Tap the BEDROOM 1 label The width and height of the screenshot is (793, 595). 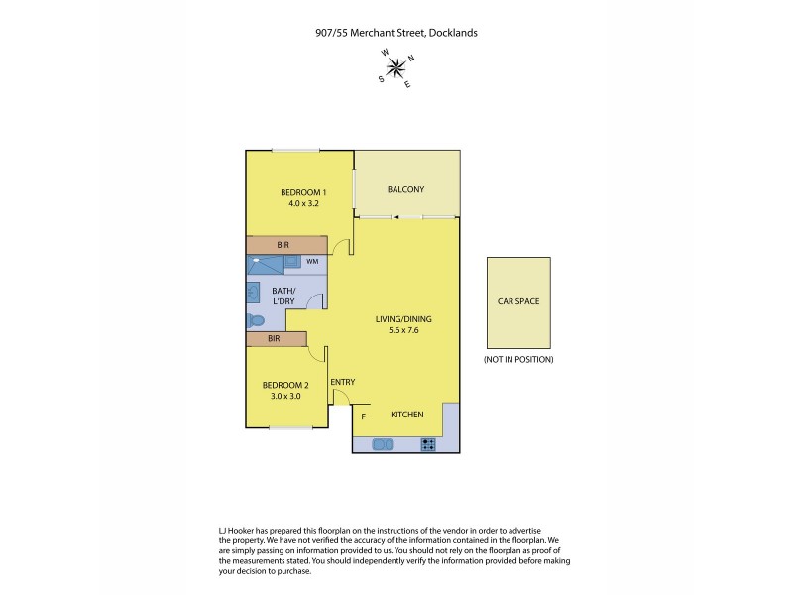[303, 192]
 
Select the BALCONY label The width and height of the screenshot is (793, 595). [405, 189]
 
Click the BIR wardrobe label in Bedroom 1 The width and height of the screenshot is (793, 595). [283, 244]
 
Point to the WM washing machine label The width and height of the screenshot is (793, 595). [312, 262]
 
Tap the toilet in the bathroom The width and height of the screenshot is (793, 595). [255, 320]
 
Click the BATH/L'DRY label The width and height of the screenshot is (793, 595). [285, 296]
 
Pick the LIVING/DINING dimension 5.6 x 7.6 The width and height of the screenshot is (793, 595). [403, 331]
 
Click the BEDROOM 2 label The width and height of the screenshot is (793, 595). [285, 385]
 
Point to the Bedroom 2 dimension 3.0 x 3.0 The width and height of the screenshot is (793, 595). [285, 396]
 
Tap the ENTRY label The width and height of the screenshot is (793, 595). [342, 382]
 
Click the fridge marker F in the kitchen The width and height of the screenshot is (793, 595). [363, 417]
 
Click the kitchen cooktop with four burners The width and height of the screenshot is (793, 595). [428, 445]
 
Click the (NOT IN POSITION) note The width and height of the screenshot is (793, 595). [517, 359]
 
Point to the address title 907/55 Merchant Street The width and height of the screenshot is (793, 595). [396, 32]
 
